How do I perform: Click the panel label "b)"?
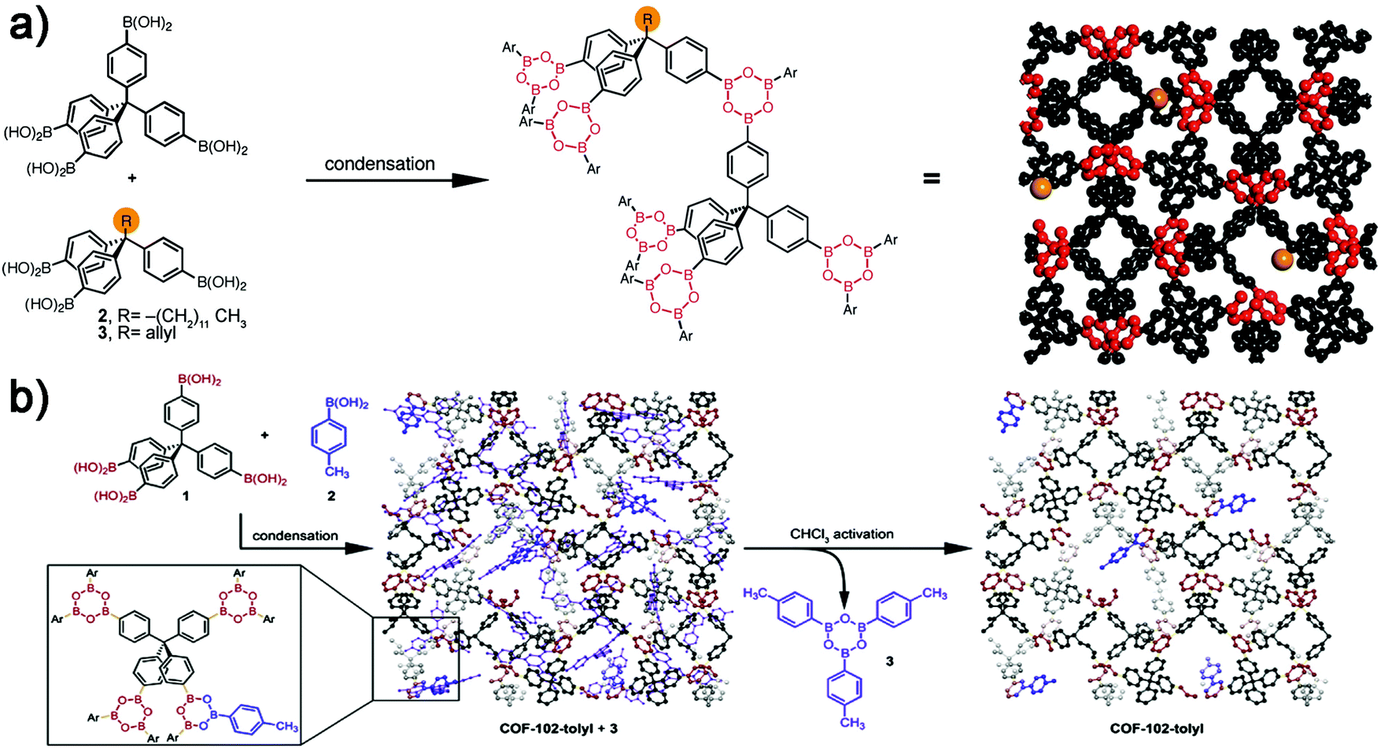[x=28, y=399]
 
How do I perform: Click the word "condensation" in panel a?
[x=379, y=164]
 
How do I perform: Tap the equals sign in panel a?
[x=931, y=180]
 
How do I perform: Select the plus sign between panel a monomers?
[x=131, y=179]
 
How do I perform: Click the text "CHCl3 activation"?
[x=842, y=534]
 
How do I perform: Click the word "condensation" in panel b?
[x=295, y=535]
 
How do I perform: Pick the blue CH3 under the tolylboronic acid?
[x=337, y=472]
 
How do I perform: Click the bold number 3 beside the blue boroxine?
[x=889, y=661]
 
